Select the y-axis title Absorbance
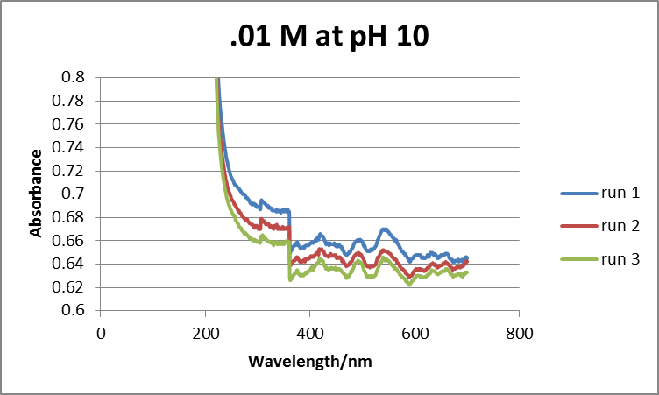point(37,194)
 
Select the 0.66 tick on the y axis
point(74,240)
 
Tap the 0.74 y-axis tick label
point(74,147)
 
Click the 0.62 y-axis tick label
point(74,286)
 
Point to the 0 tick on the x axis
point(101,334)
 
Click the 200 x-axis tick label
point(205,334)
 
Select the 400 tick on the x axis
point(310,334)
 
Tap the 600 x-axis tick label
point(415,334)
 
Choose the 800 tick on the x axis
point(519,334)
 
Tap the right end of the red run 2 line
point(466,261)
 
